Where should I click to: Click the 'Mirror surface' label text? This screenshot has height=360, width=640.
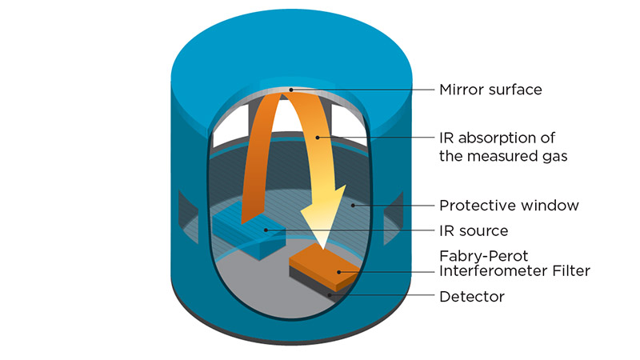490,90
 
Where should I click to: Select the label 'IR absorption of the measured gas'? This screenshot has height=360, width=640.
503,146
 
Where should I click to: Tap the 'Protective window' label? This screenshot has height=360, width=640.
508,206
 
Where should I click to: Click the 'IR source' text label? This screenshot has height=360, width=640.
474,231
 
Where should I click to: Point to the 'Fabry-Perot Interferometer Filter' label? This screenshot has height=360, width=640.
514,264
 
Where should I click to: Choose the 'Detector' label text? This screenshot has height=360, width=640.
471,297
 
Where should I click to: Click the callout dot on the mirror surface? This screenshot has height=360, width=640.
291,89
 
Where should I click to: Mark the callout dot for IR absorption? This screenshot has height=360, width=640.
318,137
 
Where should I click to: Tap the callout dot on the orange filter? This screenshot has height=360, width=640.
339,272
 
